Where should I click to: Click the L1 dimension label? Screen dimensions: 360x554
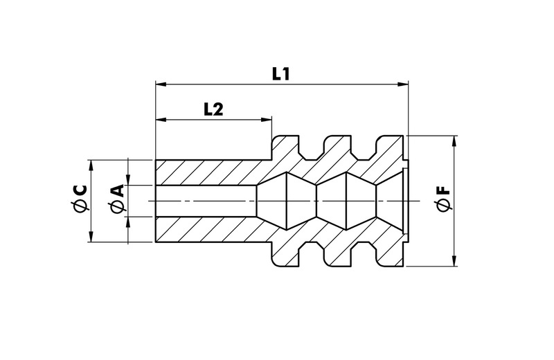(x=280, y=74)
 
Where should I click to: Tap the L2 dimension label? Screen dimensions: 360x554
(x=213, y=109)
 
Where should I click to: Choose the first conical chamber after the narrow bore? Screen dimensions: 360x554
(x=287, y=201)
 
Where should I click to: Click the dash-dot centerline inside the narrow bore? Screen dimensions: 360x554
(x=208, y=201)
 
